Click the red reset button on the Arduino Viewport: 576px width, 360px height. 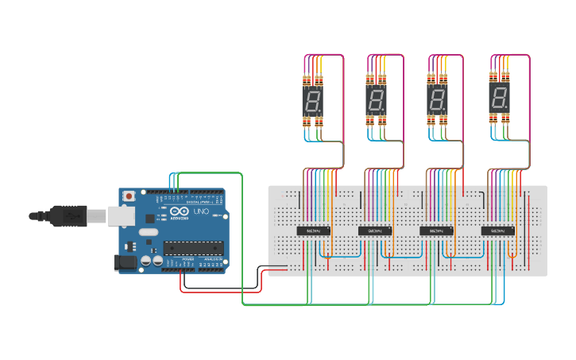[x=129, y=195]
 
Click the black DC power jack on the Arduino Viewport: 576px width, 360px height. [x=126, y=262]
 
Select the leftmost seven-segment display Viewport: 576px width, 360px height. [x=312, y=100]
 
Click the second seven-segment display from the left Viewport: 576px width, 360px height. [x=375, y=100]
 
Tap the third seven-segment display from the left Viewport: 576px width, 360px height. [x=437, y=100]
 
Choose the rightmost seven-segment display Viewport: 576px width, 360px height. [x=499, y=99]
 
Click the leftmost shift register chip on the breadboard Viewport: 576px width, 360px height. [x=313, y=230]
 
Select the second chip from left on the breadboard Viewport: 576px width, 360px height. [x=375, y=230]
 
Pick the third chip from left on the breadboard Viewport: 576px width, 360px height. [x=436, y=230]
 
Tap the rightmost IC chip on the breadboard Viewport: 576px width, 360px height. [x=498, y=230]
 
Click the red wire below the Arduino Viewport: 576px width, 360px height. [x=215, y=291]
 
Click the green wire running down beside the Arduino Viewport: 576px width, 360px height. [x=242, y=238]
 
